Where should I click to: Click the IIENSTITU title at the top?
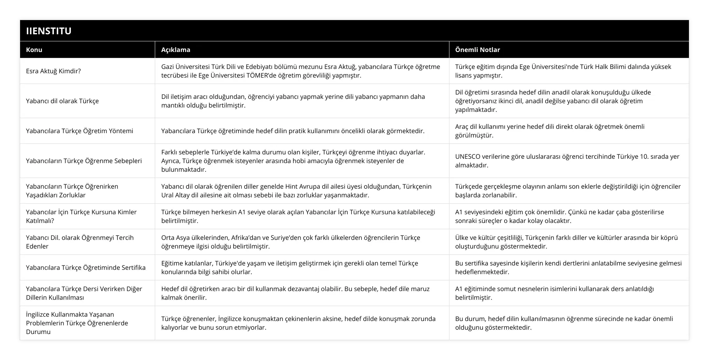pyautogui.click(x=48, y=31)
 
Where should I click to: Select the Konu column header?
pyautogui.click(x=34, y=50)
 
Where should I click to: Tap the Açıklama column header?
pyautogui.click(x=176, y=50)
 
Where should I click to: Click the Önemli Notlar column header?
pyautogui.click(x=477, y=50)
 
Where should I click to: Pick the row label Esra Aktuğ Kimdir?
pyautogui.click(x=53, y=71)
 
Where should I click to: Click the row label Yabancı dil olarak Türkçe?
pyautogui.click(x=62, y=101)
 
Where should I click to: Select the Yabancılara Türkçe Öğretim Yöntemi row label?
pyautogui.click(x=80, y=131)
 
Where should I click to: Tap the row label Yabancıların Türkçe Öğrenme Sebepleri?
pyautogui.click(x=84, y=161)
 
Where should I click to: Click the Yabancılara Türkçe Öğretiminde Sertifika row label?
pyautogui.click(x=86, y=267)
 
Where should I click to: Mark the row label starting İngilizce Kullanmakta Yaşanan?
pyautogui.click(x=77, y=323)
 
